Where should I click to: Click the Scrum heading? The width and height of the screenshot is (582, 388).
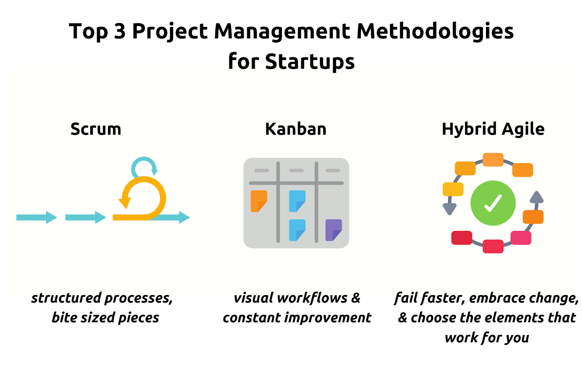(x=96, y=129)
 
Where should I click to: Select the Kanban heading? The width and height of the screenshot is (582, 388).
(x=296, y=129)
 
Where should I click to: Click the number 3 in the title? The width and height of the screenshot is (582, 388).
(x=120, y=31)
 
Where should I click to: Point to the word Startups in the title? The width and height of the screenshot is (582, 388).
(x=310, y=61)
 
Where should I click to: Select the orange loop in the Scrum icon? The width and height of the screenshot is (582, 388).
(x=143, y=198)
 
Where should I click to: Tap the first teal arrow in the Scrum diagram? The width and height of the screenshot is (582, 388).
(x=36, y=217)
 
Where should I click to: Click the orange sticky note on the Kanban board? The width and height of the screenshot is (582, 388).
(x=259, y=201)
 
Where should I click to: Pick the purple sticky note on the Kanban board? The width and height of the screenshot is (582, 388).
(x=333, y=230)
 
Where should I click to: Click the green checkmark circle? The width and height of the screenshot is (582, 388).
(x=493, y=203)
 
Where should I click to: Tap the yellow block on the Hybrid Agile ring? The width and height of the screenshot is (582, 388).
(x=453, y=189)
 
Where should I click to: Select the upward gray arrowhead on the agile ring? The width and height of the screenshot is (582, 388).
(x=537, y=197)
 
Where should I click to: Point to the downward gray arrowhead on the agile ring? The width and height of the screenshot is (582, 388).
(x=450, y=209)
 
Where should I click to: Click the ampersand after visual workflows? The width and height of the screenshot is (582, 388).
(x=356, y=298)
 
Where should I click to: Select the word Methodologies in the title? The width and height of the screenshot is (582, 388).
(x=435, y=31)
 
